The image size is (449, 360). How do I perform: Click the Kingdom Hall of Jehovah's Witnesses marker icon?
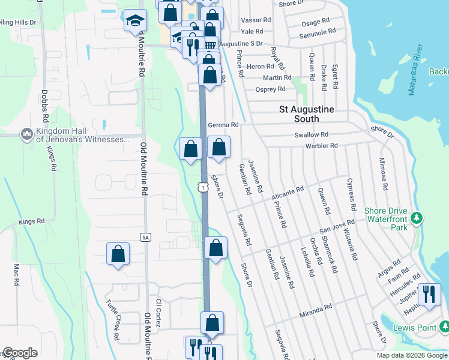click(x=26, y=134)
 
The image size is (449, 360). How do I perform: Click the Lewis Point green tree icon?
click(x=444, y=327)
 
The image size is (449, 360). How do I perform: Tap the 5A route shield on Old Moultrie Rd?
click(x=145, y=238)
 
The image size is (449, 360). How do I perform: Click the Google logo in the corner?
click(x=20, y=353)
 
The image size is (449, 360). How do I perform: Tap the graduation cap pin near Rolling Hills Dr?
click(x=135, y=21)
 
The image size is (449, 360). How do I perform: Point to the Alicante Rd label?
click(x=288, y=193)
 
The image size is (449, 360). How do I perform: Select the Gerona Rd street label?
click(x=223, y=125)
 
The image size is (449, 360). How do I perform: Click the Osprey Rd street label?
click(x=271, y=89)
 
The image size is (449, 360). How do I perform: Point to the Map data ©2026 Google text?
click(x=412, y=355)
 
